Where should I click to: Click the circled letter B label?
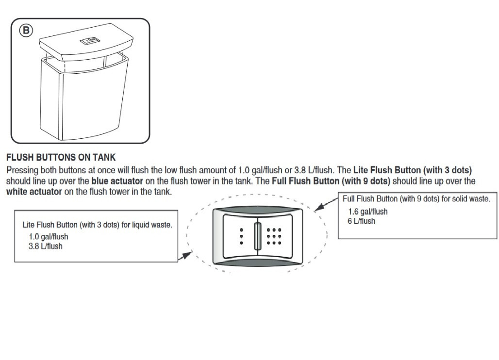25,30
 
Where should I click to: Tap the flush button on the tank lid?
90,41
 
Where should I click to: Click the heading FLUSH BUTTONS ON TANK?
61,158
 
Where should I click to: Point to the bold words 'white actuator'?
34,192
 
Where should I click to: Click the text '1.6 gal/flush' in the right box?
367,212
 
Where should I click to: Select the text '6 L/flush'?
361,221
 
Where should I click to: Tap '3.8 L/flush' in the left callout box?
45,246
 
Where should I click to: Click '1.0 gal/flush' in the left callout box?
48,237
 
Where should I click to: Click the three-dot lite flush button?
239,235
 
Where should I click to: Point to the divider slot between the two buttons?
258,236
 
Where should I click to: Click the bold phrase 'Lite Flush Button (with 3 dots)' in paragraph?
413,171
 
